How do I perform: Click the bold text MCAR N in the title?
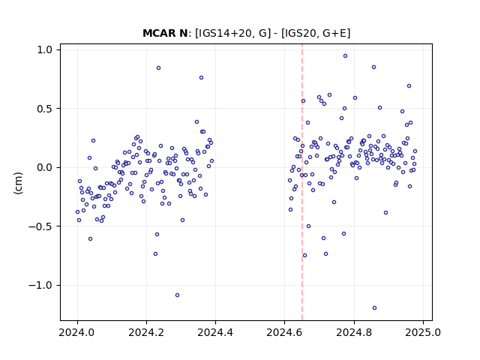click(x=165, y=33)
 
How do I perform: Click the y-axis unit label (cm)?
click(x=18, y=183)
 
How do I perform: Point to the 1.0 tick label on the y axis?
click(x=45, y=49)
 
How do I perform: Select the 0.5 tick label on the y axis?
click(x=45, y=109)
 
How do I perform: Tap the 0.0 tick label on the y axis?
click(x=45, y=167)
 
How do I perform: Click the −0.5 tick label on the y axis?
click(x=40, y=226)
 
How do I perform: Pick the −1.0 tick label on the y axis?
click(x=40, y=285)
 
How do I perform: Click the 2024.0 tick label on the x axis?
click(x=77, y=332)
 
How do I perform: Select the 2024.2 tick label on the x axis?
click(x=147, y=332)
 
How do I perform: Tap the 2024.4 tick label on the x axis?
click(x=215, y=332)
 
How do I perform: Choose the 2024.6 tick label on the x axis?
click(x=285, y=332)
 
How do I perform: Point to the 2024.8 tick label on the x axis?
click(x=354, y=332)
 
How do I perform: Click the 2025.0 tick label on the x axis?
click(x=423, y=332)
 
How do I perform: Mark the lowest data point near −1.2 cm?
click(x=374, y=308)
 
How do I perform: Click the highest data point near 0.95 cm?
click(x=345, y=56)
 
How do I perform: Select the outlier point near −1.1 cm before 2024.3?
click(x=177, y=295)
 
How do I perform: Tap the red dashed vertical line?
click(x=302, y=182)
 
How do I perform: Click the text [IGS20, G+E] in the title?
click(x=316, y=33)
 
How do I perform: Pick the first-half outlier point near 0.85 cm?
click(x=158, y=68)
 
